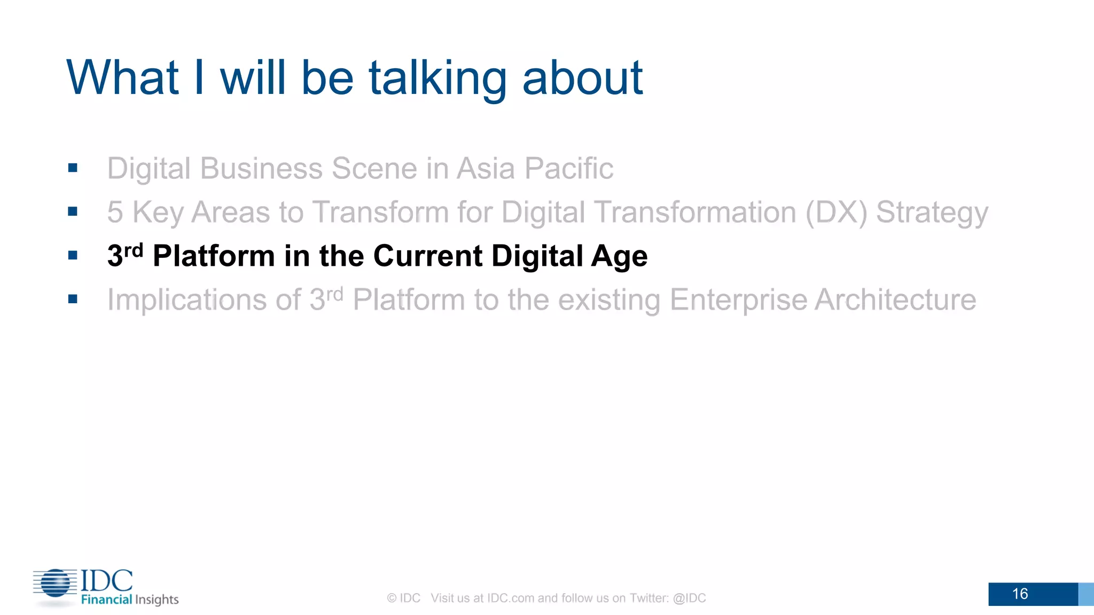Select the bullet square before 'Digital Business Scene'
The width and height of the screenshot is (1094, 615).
click(x=73, y=168)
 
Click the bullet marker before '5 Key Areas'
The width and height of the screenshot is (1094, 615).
click(x=73, y=212)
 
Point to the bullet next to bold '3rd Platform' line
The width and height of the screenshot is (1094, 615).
click(x=73, y=256)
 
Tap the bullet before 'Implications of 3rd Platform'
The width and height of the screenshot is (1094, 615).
click(x=73, y=299)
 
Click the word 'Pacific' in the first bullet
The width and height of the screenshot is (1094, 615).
click(x=568, y=169)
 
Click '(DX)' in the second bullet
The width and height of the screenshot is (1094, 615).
click(x=836, y=212)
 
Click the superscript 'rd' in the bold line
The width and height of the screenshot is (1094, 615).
click(x=134, y=250)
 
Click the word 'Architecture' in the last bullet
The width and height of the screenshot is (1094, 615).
click(x=895, y=299)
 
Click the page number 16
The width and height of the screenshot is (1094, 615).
click(x=1020, y=594)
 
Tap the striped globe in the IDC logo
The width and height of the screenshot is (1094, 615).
click(x=56, y=583)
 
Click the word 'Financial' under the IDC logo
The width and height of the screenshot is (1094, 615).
click(x=106, y=600)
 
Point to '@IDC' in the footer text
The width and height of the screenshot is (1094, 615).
click(x=689, y=598)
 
